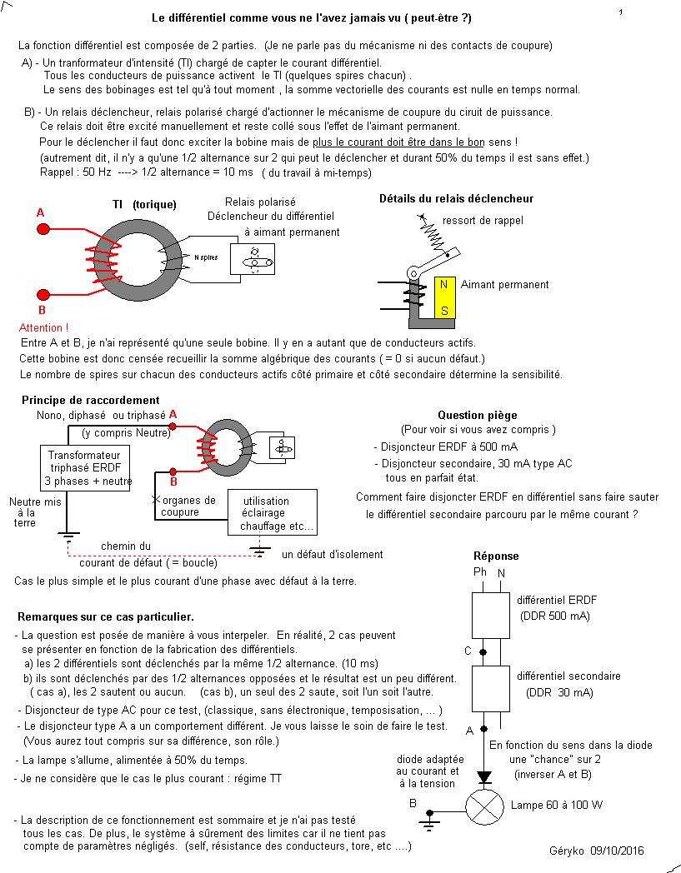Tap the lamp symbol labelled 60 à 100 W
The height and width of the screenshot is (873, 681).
(483, 806)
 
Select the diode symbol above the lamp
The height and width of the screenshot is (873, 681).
(483, 777)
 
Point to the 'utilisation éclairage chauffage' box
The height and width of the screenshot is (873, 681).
(273, 512)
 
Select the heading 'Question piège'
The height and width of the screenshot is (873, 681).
(477, 415)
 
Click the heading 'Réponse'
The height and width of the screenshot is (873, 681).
(496, 556)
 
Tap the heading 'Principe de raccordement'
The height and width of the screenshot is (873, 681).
(90, 401)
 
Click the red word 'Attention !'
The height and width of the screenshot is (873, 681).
(43, 328)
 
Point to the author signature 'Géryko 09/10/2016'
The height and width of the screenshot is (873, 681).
(597, 851)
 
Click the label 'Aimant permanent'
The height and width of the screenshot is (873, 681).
(504, 285)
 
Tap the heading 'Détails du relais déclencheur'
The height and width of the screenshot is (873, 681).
(456, 199)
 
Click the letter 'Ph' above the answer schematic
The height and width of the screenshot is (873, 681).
(479, 572)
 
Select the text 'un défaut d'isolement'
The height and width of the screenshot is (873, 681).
(332, 554)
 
